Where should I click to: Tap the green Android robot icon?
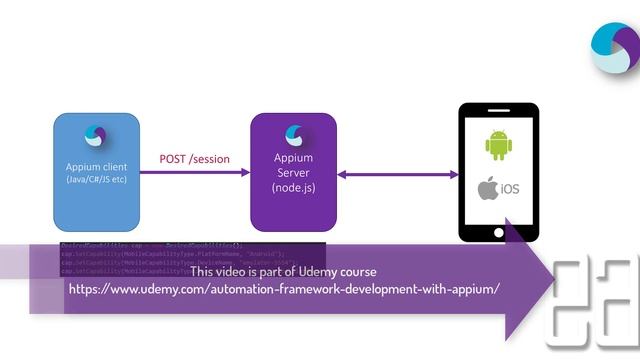[498, 145]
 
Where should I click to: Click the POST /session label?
[194, 159]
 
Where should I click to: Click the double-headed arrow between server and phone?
[397, 174]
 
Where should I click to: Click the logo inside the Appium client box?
[97, 137]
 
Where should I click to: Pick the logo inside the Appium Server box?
[294, 133]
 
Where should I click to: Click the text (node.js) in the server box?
[294, 188]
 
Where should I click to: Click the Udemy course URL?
[283, 288]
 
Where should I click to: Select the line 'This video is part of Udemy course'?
[283, 271]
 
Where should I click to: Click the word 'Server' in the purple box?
[294, 173]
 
